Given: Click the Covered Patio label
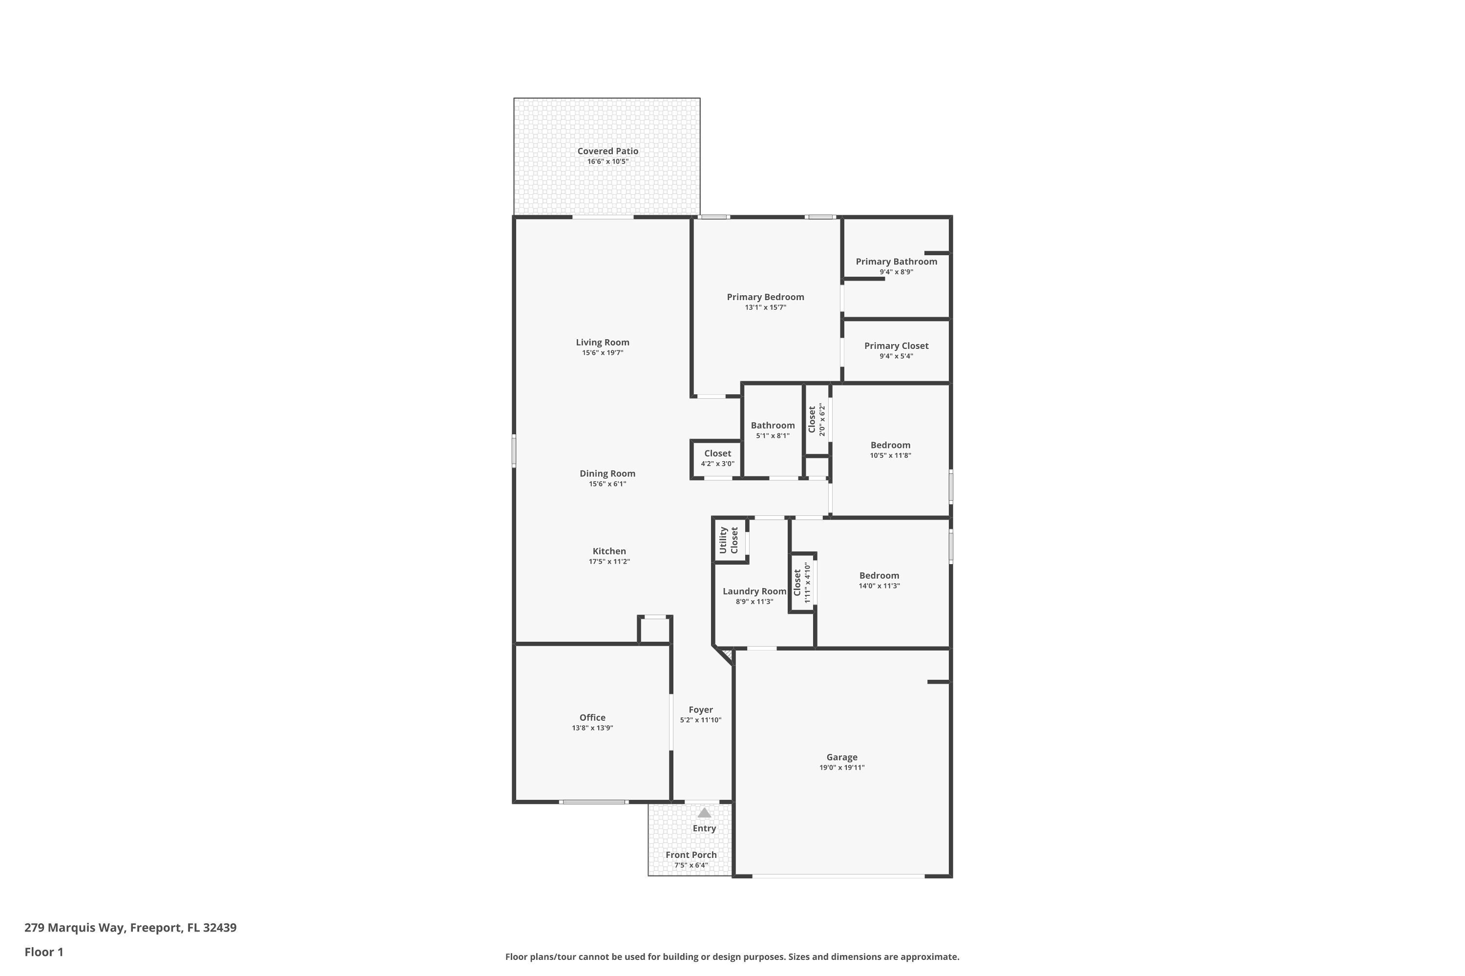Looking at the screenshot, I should (607, 151).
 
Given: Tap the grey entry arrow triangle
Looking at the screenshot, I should (704, 813).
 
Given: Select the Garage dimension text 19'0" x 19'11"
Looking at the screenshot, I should (841, 768).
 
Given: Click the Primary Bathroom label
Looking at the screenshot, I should (896, 262).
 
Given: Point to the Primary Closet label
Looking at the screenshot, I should (896, 346).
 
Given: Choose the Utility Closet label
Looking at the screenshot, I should (728, 540).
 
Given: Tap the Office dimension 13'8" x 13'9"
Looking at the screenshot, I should (592, 728).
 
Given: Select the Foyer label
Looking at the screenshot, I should (700, 710).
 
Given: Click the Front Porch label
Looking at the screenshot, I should (691, 854).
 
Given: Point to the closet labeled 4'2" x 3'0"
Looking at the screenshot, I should (717, 454).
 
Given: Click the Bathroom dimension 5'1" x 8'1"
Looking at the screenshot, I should (773, 436).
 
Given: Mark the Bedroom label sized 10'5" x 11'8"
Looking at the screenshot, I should (890, 445).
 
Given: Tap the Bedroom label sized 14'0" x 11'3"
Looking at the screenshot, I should (879, 576).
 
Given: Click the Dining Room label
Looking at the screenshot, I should (607, 474).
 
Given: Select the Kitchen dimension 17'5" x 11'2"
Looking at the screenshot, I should (609, 562).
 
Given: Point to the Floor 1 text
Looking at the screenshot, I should (43, 952).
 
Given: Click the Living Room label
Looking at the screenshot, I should (602, 343).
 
